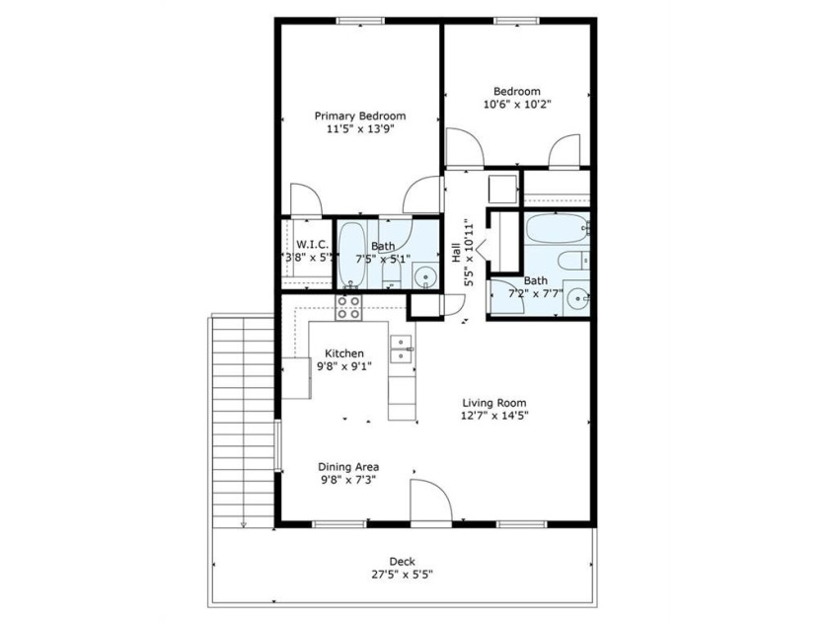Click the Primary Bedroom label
click(360, 116)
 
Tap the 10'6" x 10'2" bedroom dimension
click(517, 105)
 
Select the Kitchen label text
click(344, 353)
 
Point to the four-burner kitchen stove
click(348, 307)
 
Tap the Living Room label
click(494, 403)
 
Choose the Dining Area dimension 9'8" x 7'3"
click(348, 480)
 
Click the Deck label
click(402, 562)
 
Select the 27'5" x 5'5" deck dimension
click(402, 575)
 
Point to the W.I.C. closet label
click(312, 245)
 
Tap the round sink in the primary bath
click(425, 276)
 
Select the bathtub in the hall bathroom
click(558, 228)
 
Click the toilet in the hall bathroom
click(573, 261)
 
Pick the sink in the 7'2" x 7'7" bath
click(576, 299)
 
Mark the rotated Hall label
click(456, 253)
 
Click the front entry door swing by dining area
click(431, 501)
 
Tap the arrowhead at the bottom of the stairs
click(243, 524)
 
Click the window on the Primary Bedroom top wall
click(360, 21)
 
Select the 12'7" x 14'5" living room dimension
click(494, 417)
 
